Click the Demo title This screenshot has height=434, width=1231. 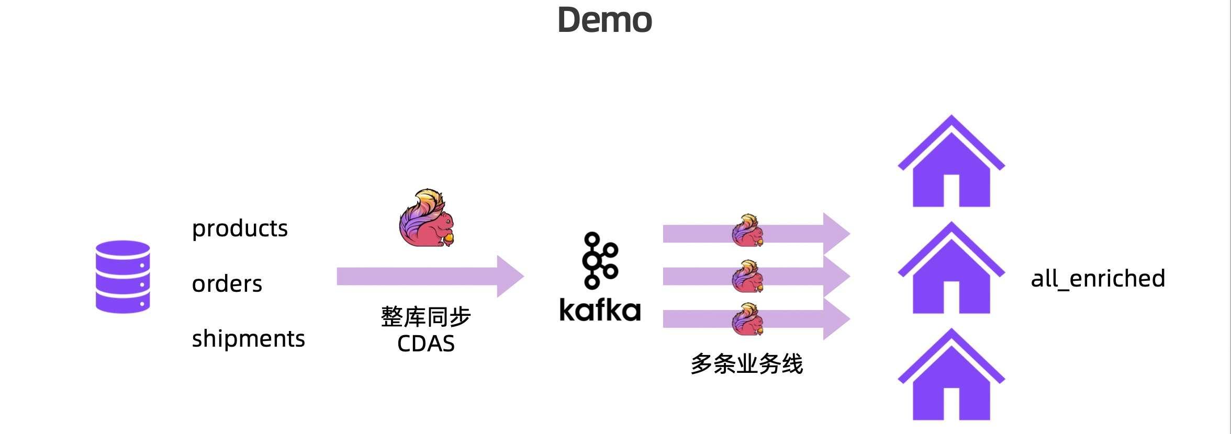(605, 20)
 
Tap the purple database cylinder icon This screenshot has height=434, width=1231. (123, 277)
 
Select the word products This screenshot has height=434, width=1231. (240, 229)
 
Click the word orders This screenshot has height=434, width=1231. (227, 284)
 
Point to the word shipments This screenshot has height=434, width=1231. (248, 339)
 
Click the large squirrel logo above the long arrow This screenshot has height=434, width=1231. (427, 219)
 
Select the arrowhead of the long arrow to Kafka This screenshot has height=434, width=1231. (511, 276)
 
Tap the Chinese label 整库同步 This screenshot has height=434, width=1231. (426, 317)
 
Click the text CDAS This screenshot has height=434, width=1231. (426, 344)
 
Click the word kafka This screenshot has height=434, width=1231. (600, 310)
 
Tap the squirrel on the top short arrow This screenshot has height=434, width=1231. (747, 231)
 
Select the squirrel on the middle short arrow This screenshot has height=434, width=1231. (747, 277)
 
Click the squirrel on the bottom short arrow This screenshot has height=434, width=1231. (747, 319)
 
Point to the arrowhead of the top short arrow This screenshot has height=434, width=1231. (836, 233)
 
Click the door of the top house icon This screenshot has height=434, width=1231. (951, 191)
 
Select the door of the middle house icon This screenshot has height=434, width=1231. (951, 298)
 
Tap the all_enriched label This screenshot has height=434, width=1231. (1098, 279)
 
